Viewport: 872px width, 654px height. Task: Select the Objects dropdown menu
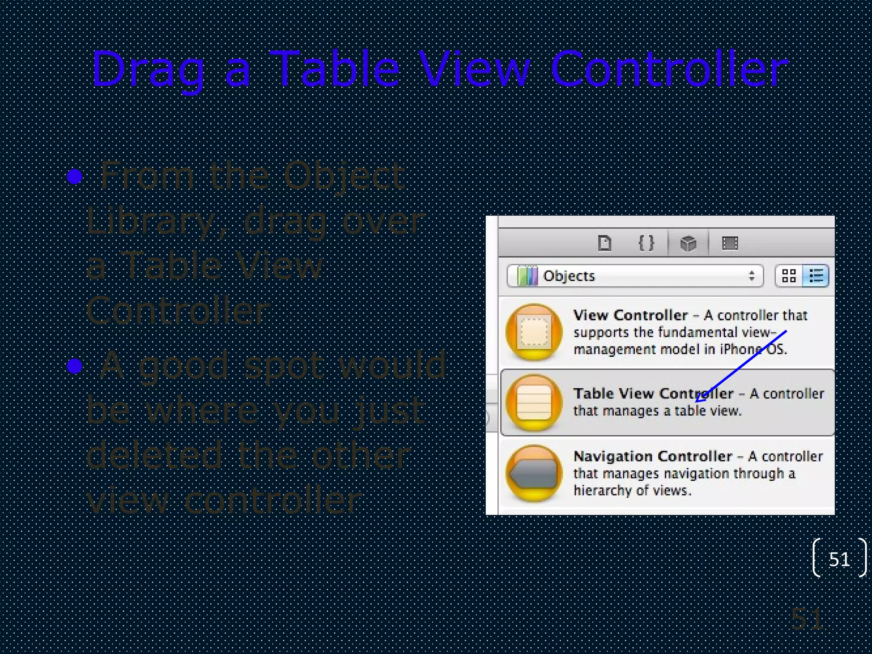pos(634,276)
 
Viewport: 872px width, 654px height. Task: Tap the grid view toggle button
pos(789,276)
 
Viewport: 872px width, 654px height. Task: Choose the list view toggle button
pos(815,276)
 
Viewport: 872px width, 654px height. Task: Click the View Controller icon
pos(534,332)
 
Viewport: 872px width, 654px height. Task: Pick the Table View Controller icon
pos(534,402)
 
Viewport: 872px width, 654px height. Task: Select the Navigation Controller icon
pos(534,473)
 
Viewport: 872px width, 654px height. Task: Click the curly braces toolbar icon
pos(646,244)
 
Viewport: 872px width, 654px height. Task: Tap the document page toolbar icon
pos(605,244)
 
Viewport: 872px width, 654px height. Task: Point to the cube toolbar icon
pos(688,244)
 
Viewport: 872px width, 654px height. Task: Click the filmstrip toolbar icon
pos(730,244)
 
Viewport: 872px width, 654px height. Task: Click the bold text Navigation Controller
pos(652,456)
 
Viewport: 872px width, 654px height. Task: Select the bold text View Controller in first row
pos(630,315)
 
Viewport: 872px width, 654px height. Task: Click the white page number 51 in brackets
pos(839,559)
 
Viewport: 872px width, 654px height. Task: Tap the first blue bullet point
pos(75,176)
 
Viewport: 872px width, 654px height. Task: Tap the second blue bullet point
pos(75,365)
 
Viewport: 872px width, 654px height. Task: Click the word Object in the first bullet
pos(344,175)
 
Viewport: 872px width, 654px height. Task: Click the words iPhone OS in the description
pos(753,349)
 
